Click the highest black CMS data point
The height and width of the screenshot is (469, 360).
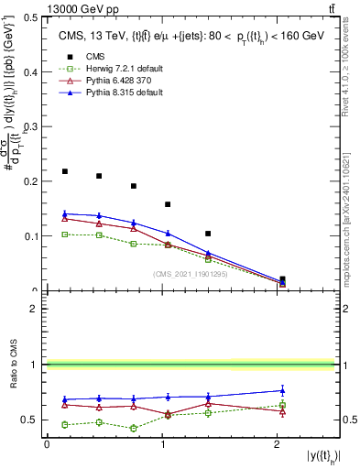pos(65,171)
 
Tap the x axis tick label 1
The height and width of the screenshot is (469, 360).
pos(163,444)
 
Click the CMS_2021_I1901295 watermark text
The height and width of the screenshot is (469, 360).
pos(190,273)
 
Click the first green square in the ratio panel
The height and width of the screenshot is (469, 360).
pos(65,424)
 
